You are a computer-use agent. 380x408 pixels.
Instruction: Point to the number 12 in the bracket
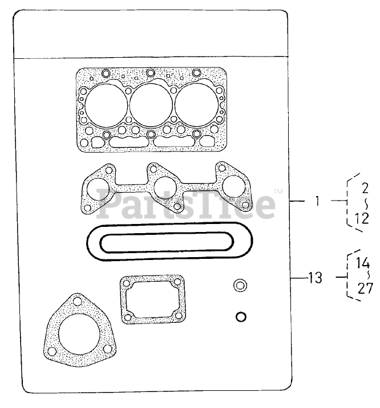(362, 217)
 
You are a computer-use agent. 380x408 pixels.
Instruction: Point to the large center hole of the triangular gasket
(79, 330)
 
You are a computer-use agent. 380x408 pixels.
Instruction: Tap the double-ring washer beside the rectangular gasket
(241, 286)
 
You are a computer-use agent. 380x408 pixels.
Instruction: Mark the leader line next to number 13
(296, 278)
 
